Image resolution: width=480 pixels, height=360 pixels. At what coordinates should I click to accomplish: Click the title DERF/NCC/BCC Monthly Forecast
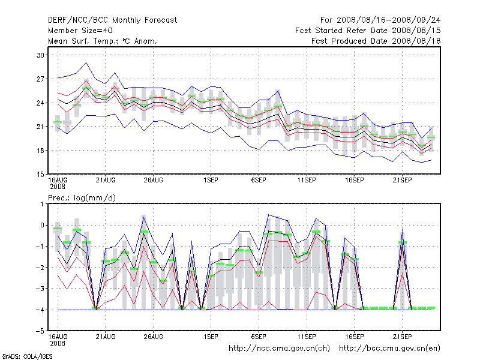(x=112, y=20)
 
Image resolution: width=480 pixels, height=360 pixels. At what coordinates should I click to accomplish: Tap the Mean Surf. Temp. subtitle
(x=102, y=41)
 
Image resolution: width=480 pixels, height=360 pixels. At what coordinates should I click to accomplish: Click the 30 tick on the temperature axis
(x=41, y=55)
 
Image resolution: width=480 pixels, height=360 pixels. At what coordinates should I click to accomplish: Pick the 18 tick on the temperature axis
(x=41, y=151)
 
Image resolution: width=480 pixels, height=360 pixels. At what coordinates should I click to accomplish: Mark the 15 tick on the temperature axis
(x=41, y=174)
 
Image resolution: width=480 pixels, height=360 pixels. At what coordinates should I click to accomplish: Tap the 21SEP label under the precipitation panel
(x=402, y=337)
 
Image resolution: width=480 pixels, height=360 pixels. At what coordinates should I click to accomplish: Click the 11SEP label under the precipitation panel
(x=307, y=337)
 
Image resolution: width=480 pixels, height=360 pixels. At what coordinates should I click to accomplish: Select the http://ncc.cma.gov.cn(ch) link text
(x=280, y=348)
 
